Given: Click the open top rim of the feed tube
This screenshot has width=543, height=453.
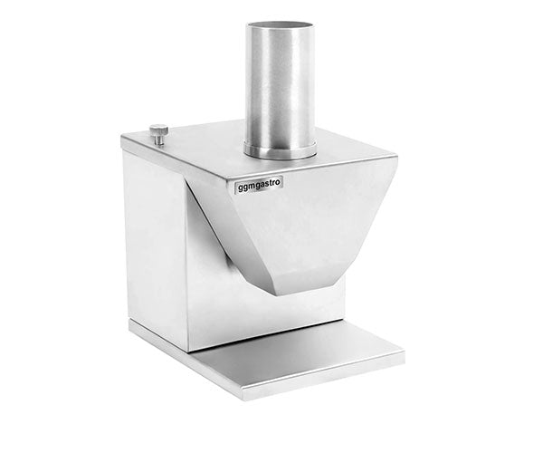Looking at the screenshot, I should [x=280, y=27].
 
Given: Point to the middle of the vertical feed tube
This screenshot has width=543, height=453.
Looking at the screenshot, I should [x=280, y=86].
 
